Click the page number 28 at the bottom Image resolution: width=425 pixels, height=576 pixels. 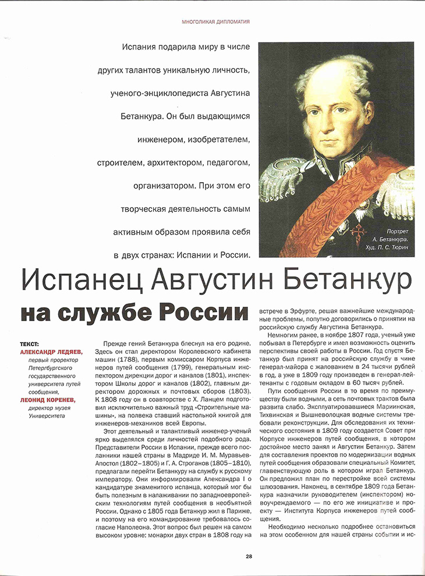point(249,556)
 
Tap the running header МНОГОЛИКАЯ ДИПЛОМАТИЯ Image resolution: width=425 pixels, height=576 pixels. point(216,22)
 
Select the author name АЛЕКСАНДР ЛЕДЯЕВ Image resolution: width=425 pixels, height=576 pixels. point(51,352)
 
